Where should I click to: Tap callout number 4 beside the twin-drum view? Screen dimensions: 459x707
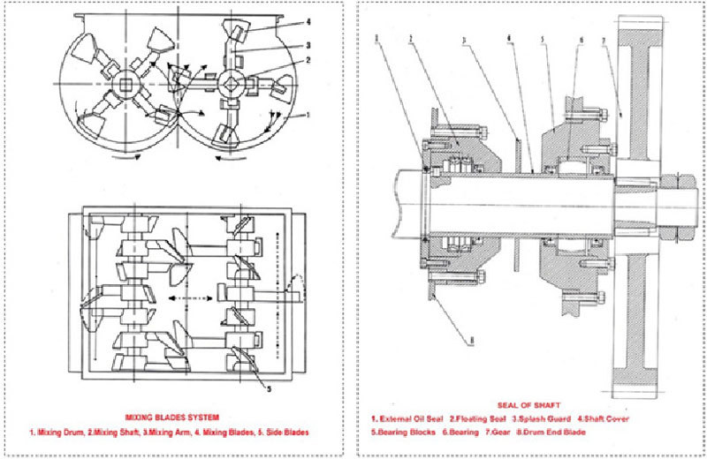[x=308, y=21]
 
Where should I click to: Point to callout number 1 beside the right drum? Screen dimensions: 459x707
[x=308, y=115]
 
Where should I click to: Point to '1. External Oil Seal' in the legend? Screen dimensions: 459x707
[x=407, y=418]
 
